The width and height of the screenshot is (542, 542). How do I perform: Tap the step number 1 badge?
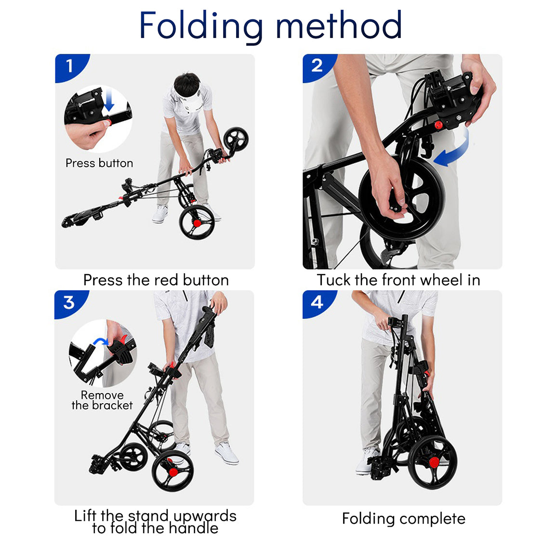point(70,66)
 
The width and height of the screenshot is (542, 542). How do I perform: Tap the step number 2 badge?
point(317,66)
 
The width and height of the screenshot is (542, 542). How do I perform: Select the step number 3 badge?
point(69,302)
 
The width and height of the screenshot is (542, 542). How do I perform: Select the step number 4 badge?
point(317,302)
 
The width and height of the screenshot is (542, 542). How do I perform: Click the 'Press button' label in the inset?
point(99,163)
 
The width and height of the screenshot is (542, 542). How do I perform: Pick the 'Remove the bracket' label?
point(102,400)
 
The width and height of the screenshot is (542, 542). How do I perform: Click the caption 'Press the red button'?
point(156,280)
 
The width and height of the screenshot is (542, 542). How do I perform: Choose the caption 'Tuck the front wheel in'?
point(398,280)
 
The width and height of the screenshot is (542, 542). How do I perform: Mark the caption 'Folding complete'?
point(403,518)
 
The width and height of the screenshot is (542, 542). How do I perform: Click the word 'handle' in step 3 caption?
point(189,528)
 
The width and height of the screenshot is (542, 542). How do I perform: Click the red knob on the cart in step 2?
point(438,125)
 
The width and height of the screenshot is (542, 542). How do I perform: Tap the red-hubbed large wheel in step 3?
point(172,470)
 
